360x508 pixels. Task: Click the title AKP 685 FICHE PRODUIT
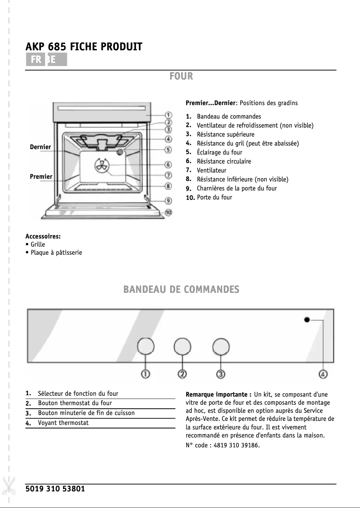click(84, 47)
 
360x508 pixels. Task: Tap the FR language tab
click(36, 60)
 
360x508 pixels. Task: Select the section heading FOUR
click(181, 76)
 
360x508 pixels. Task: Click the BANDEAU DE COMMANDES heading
click(181, 290)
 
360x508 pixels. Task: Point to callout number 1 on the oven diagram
click(168, 115)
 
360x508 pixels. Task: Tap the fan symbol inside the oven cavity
click(101, 166)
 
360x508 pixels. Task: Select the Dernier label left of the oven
click(40, 147)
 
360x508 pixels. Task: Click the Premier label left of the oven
click(41, 177)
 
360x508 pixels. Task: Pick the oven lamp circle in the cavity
click(120, 153)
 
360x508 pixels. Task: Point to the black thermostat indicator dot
click(307, 320)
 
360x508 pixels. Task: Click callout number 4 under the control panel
click(323, 374)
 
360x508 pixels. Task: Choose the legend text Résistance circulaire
click(224, 161)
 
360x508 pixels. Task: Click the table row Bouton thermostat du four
click(75, 403)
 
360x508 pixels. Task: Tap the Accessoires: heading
click(43, 236)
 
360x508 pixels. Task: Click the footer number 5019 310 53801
click(55, 489)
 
